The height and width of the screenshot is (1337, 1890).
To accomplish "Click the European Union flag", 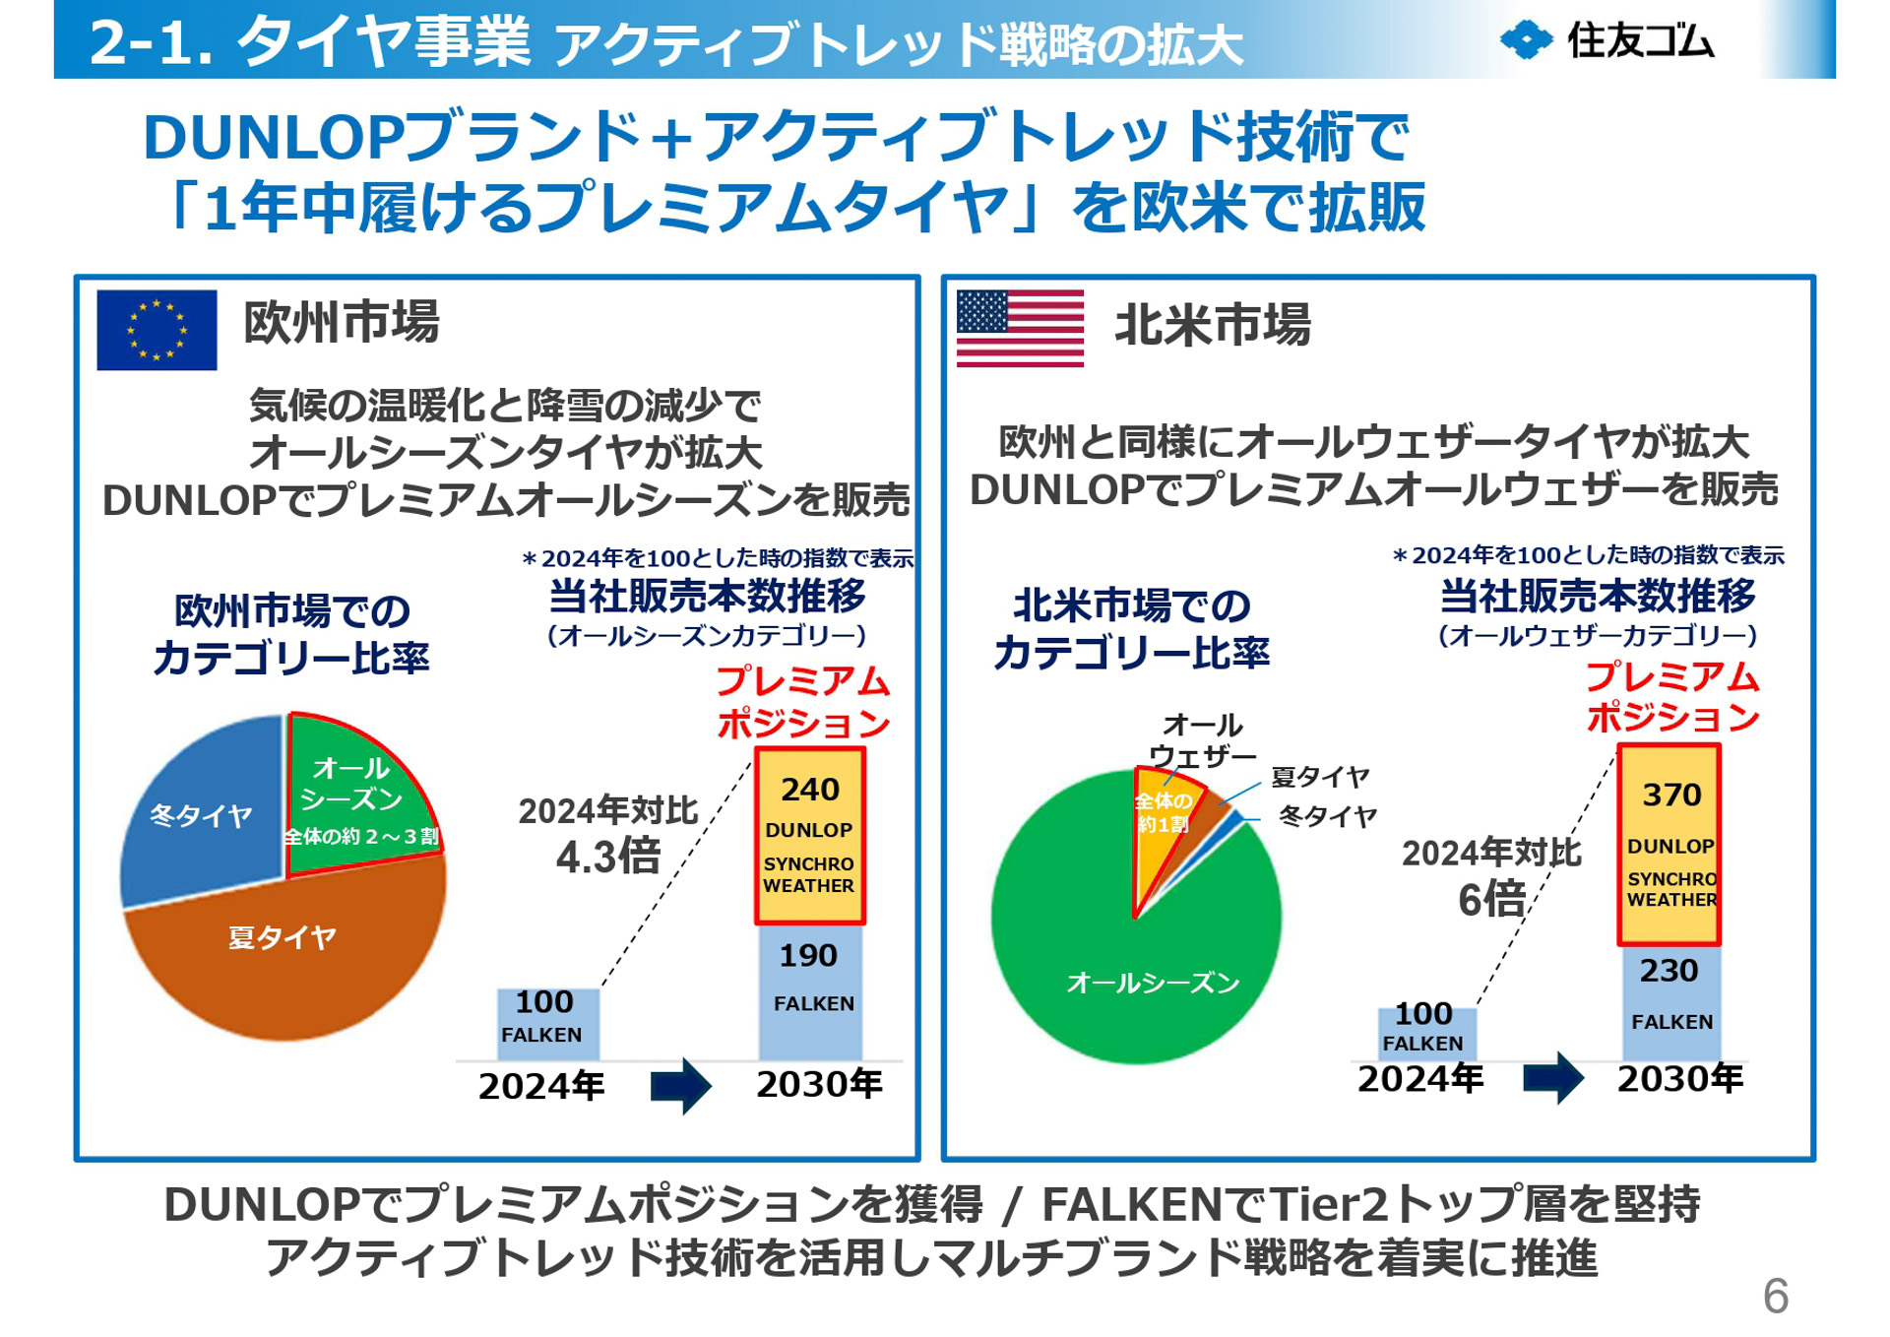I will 157,330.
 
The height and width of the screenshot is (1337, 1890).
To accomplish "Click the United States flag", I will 1020,328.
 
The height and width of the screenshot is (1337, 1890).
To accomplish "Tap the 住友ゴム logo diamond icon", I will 1525,40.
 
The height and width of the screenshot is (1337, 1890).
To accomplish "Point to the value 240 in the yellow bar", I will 809,790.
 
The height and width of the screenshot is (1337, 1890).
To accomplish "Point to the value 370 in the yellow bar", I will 1670,795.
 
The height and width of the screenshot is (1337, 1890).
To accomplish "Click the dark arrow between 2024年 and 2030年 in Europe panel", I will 681,1086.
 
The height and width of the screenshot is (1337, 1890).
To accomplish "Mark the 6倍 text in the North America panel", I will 1491,899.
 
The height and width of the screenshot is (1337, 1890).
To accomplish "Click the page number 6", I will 1775,1296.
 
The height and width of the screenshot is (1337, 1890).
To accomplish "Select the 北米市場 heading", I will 1212,325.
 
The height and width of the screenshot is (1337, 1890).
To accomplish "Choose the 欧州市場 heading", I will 341,322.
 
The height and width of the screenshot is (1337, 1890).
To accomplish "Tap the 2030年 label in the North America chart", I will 1679,1079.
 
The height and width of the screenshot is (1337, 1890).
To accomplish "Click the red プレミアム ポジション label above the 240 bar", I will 802,701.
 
